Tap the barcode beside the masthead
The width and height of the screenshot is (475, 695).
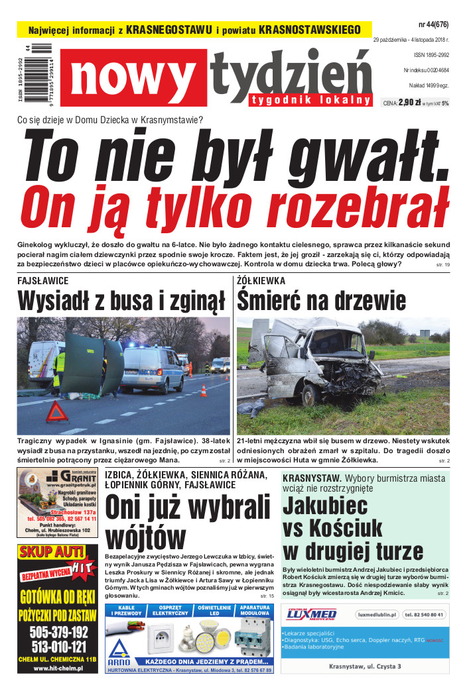44,74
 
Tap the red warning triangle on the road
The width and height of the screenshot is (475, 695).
57,412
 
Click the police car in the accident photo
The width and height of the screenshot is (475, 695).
152,367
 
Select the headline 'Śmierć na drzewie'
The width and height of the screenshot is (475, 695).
322,301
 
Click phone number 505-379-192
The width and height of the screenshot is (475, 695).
58,631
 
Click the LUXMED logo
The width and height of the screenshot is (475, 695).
312,614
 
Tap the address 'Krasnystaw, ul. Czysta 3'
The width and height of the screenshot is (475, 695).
365,666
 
